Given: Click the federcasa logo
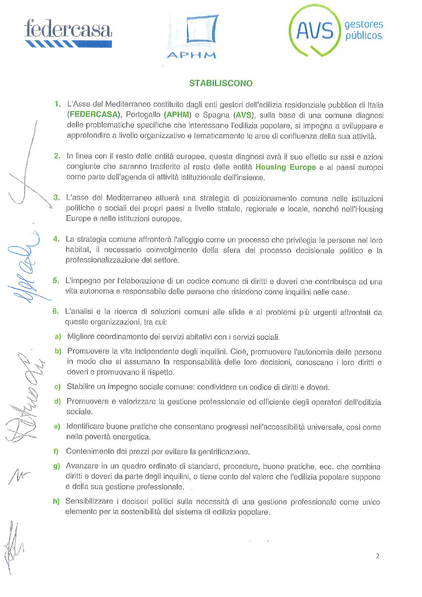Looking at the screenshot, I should point(68,33).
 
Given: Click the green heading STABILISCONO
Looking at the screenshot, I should point(221,83).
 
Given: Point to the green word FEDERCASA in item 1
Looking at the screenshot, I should point(94,115).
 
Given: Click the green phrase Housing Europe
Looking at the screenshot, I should point(286,167).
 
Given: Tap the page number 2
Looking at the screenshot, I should point(377,556).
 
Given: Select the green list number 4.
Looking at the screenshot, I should point(56,239).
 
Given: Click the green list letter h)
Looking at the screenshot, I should point(56,501).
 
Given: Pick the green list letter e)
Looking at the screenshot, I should point(57,426).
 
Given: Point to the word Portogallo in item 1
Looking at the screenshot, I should point(143,115).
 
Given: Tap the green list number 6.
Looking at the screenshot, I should point(55,311).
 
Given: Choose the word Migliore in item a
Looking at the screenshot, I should point(81,337).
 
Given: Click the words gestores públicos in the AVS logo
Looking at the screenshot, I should point(363,30).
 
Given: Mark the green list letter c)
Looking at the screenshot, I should point(57,387).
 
